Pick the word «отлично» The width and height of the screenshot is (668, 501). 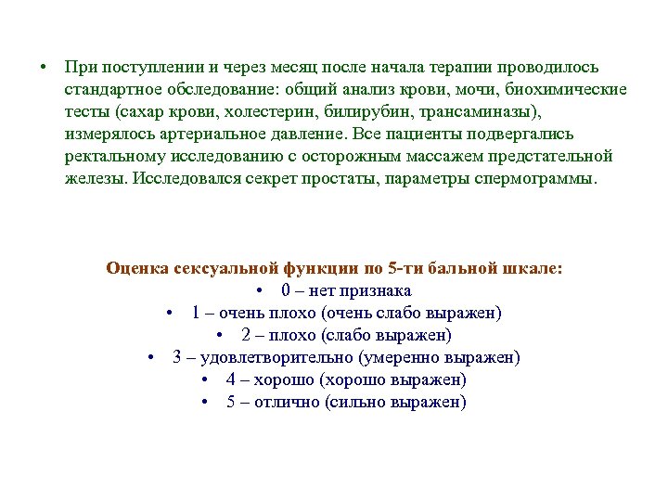click(289, 402)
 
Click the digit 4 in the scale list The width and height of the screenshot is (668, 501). click(230, 379)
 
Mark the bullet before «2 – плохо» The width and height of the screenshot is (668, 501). click(221, 335)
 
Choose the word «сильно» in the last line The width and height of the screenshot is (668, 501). click(357, 402)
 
